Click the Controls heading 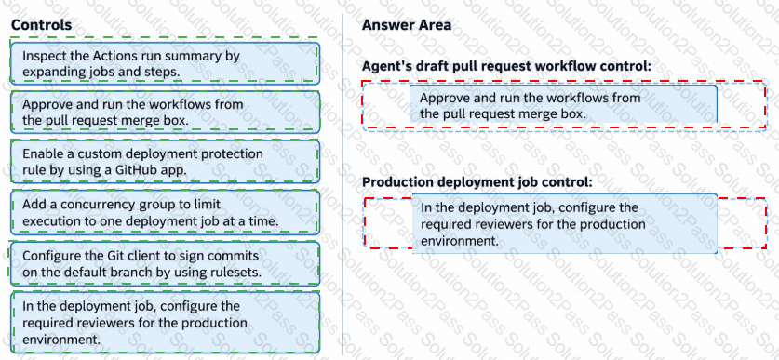pos(41,25)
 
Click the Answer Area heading pos(407,25)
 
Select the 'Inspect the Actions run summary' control pos(165,63)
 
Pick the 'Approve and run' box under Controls pos(165,113)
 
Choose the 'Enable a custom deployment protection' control pos(165,161)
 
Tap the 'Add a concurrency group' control pos(165,212)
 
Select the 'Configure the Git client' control pos(165,263)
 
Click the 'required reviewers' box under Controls pos(165,323)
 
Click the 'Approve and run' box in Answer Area pos(563,104)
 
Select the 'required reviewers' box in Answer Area pos(565,223)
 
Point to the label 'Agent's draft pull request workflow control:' pos(506,67)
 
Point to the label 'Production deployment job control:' pos(477,182)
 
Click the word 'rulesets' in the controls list pos(237,273)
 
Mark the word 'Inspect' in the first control pos(41,56)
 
